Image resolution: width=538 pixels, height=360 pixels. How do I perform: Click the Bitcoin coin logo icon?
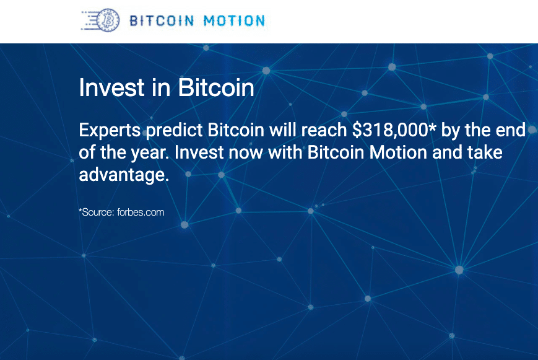point(109,20)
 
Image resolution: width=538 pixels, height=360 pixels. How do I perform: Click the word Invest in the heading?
point(103,88)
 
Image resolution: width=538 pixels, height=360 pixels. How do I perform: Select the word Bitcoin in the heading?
point(216,88)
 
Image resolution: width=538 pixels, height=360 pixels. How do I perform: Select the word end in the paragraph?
point(511,131)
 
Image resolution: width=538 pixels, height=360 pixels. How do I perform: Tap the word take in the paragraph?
point(485,153)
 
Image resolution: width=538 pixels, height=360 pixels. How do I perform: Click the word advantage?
point(123,175)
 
